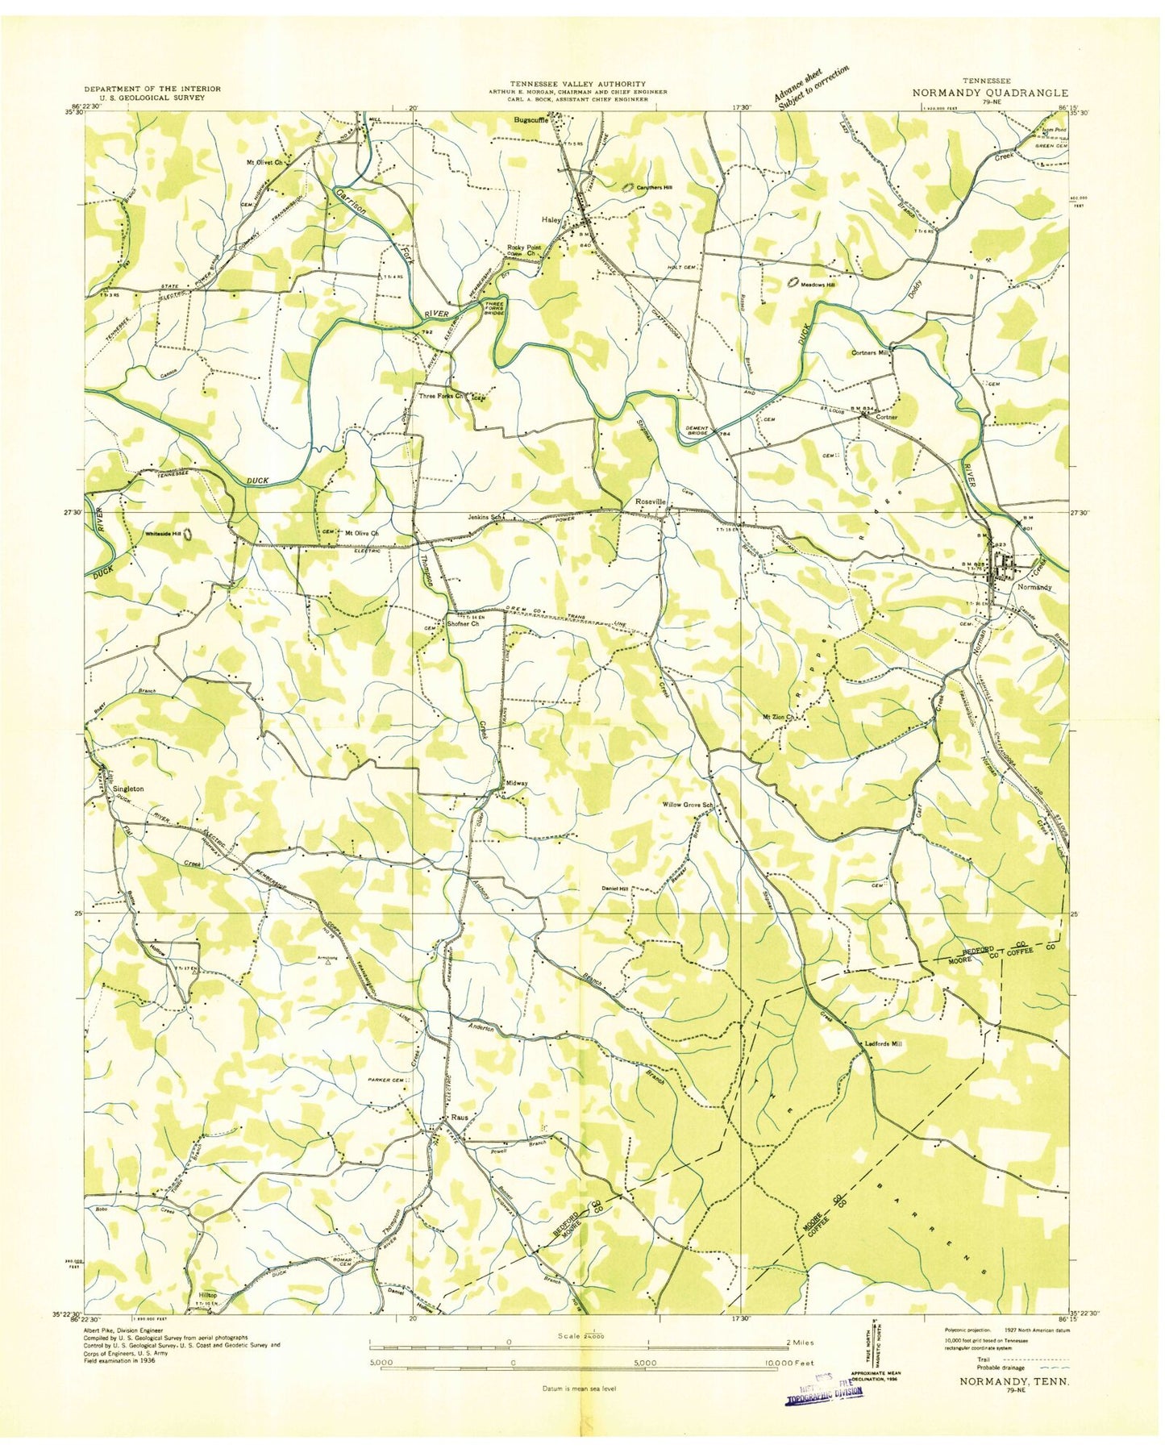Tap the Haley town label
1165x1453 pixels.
(x=552, y=217)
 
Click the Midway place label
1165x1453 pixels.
(x=517, y=783)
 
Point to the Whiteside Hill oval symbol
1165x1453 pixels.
(x=188, y=534)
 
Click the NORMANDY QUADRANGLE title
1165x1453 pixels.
(x=990, y=93)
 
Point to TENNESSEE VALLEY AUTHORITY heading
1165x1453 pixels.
(x=576, y=83)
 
